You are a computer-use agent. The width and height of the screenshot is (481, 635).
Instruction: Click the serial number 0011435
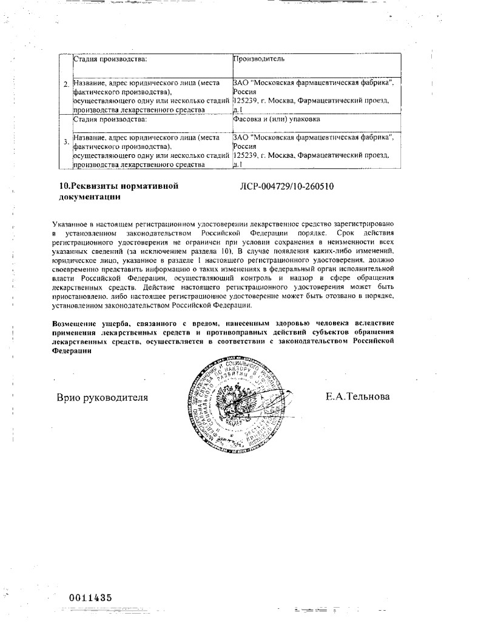pyautogui.click(x=86, y=597)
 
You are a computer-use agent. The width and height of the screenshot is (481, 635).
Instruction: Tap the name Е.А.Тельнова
pyautogui.click(x=358, y=397)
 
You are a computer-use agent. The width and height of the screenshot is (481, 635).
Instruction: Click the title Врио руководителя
pyautogui.click(x=103, y=398)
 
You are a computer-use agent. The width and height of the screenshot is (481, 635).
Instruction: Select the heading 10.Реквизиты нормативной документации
pyautogui.click(x=115, y=191)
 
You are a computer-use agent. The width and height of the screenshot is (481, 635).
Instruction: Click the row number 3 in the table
pyautogui.click(x=66, y=143)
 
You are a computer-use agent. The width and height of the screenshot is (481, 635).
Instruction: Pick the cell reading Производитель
pyautogui.click(x=259, y=59)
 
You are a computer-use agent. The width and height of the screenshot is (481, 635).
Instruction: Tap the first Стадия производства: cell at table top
pyautogui.click(x=110, y=59)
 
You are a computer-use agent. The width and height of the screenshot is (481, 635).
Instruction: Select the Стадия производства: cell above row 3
pyautogui.click(x=110, y=120)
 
